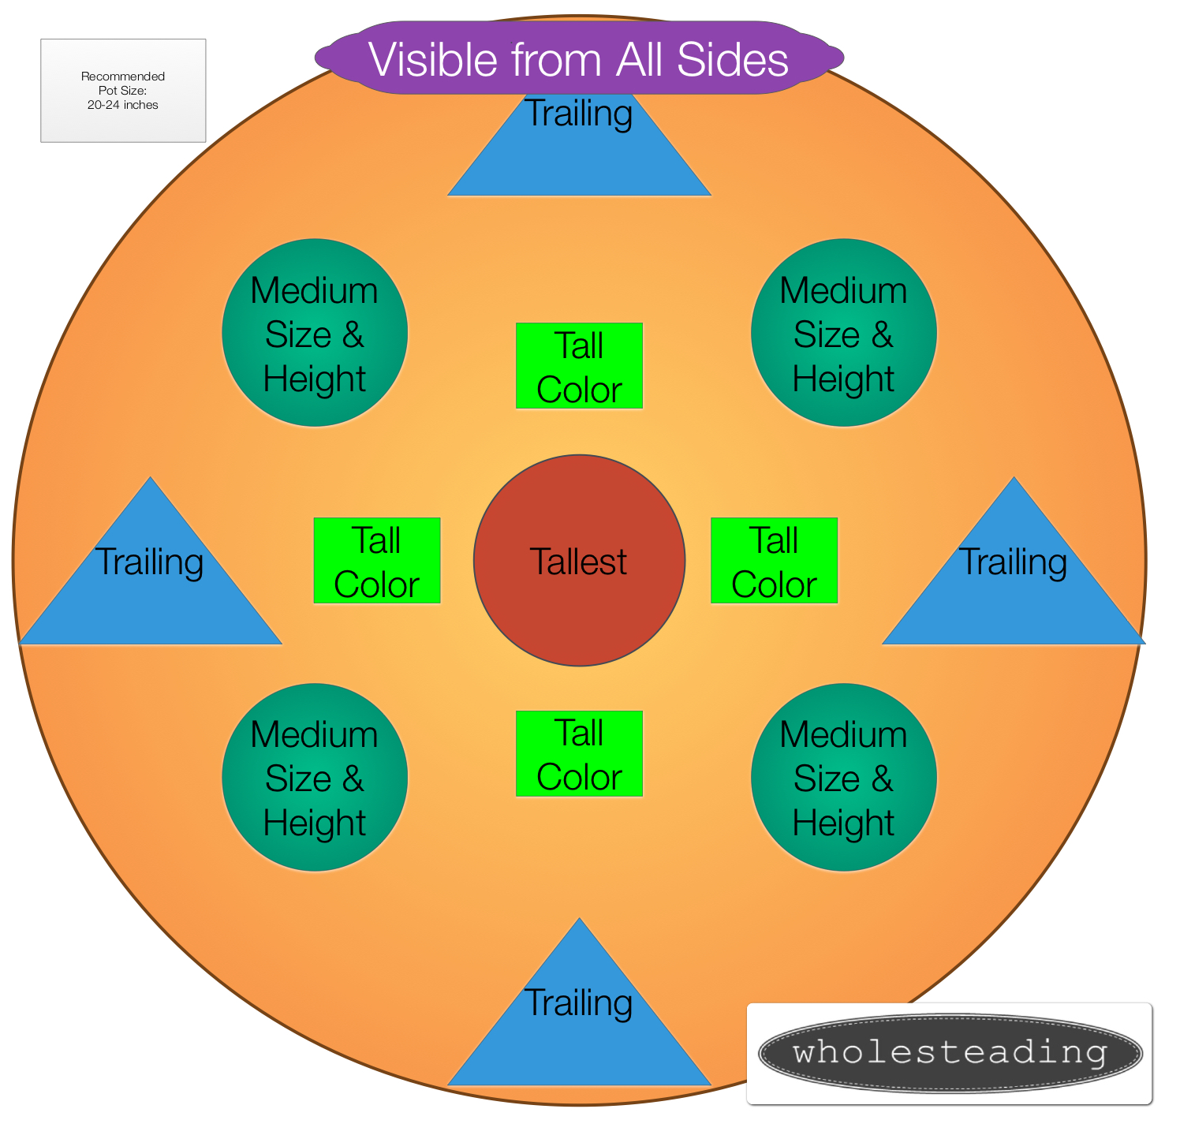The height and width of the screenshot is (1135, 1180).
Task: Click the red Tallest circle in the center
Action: click(579, 561)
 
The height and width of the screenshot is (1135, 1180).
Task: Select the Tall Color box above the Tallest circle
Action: click(579, 366)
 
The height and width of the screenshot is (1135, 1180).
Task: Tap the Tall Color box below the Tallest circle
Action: click(579, 754)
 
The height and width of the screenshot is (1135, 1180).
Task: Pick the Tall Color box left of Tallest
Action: click(377, 561)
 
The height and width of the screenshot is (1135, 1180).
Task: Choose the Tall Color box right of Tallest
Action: click(774, 561)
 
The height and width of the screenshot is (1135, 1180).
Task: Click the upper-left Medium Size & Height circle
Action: click(315, 333)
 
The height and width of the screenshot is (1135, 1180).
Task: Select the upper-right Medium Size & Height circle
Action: click(844, 333)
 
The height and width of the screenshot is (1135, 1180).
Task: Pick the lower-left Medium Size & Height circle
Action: click(315, 777)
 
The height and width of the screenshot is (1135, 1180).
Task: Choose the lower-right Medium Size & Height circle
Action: click(844, 777)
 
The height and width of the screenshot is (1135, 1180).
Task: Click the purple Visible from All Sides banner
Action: click(579, 58)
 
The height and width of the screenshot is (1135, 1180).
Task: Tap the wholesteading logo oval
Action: click(950, 1053)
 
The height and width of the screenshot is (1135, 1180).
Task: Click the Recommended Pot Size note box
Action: click(123, 91)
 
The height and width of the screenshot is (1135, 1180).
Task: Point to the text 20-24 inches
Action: click(123, 105)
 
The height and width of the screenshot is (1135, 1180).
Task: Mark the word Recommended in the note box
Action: click(123, 77)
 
